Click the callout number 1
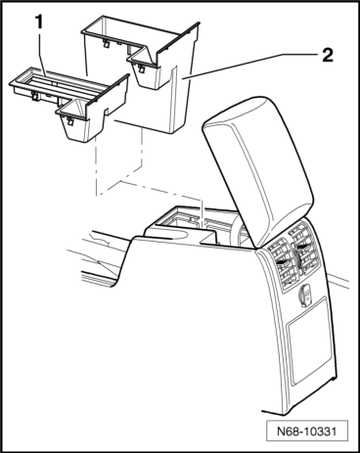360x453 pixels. coord(39,23)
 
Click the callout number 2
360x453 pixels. coord(328,55)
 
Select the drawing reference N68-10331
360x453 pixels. coord(306,431)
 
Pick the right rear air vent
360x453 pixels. coord(304,249)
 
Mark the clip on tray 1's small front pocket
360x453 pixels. coord(69,121)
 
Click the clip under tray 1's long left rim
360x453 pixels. coord(33,95)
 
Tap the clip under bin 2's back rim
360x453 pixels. coord(106,43)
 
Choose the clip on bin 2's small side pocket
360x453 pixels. coord(142,68)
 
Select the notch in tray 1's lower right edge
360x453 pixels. coord(107,112)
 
